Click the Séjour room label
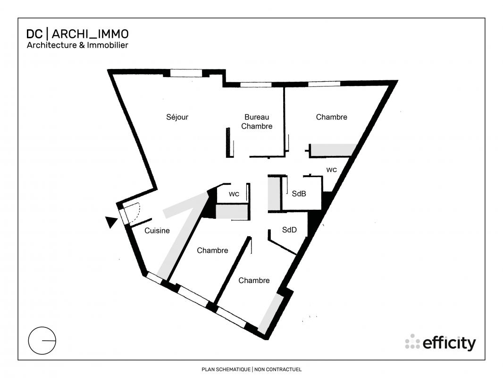[177, 117]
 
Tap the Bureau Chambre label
[257, 122]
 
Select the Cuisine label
[157, 231]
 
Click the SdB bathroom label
[299, 194]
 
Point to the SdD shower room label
[289, 230]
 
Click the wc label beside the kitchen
[234, 194]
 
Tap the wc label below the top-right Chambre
[331, 170]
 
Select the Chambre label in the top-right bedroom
[331, 117]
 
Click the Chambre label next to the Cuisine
[212, 250]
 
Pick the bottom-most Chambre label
[254, 281]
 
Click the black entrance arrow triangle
[111, 222]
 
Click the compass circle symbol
[42, 340]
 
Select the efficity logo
[440, 343]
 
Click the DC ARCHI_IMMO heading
[77, 34]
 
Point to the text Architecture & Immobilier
[77, 45]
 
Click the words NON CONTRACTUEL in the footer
[278, 369]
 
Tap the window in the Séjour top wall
[186, 73]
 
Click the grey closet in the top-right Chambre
[334, 150]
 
